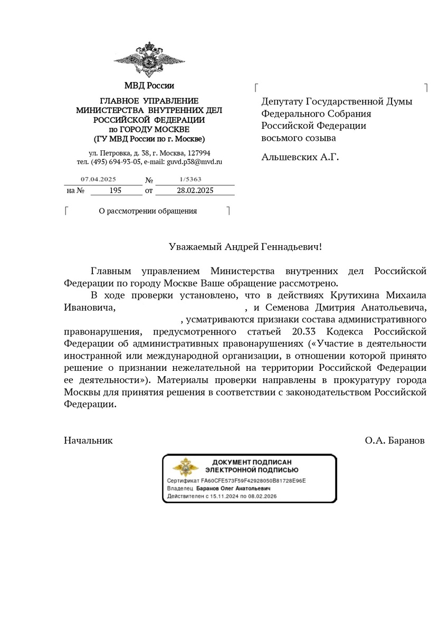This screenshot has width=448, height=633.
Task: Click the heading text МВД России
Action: coord(149,85)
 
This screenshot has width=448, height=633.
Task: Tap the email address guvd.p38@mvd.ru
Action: coord(195,162)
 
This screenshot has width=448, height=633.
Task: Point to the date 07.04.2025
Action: coord(98,179)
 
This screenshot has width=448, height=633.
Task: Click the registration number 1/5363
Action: coord(190,179)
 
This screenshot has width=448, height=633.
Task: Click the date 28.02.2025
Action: coord(195,190)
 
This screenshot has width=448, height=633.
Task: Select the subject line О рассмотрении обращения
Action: coord(148,211)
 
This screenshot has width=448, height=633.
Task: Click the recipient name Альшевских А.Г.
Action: coord(300,157)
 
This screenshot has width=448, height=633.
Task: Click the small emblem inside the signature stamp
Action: coord(186,468)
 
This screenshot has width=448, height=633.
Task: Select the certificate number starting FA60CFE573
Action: coord(253,481)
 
